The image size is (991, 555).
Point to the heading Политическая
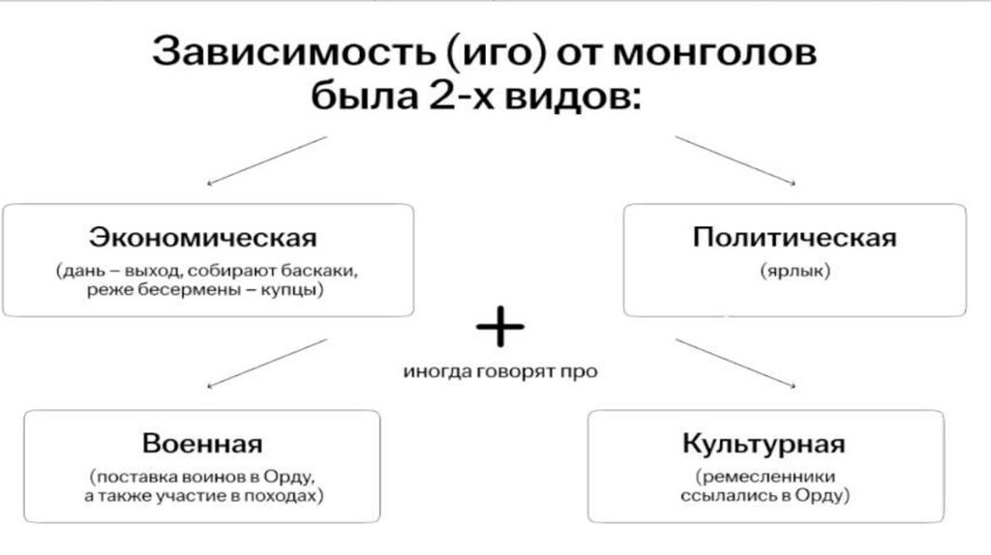(x=795, y=237)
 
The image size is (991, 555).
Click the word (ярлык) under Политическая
(x=795, y=272)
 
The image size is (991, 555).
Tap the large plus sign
(x=499, y=329)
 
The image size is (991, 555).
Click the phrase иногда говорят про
(x=500, y=371)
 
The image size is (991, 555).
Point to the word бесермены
(x=187, y=290)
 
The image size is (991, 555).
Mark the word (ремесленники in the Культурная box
(x=765, y=477)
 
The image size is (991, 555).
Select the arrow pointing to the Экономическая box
(x=268, y=160)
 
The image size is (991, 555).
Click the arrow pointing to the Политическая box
(x=736, y=160)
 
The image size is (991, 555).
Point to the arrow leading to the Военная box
(x=268, y=363)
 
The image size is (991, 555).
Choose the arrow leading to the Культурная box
(x=736, y=363)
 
